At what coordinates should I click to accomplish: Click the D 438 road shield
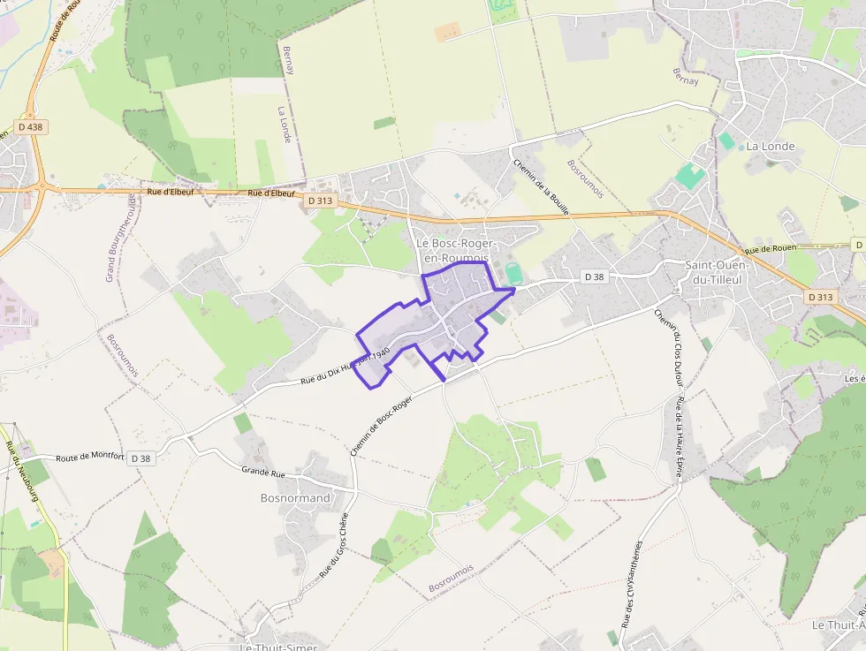(30, 127)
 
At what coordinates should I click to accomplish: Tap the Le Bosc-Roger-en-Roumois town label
(456, 250)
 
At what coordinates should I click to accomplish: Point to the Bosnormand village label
(295, 498)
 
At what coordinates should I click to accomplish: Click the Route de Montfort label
(90, 458)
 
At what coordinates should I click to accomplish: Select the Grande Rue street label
(263, 472)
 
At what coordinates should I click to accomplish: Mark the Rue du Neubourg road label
(17, 468)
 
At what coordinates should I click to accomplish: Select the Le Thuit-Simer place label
(279, 646)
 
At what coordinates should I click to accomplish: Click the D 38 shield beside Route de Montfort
(141, 458)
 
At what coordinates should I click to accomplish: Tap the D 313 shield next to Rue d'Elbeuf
(319, 201)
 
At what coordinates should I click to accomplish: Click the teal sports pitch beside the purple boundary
(514, 275)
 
